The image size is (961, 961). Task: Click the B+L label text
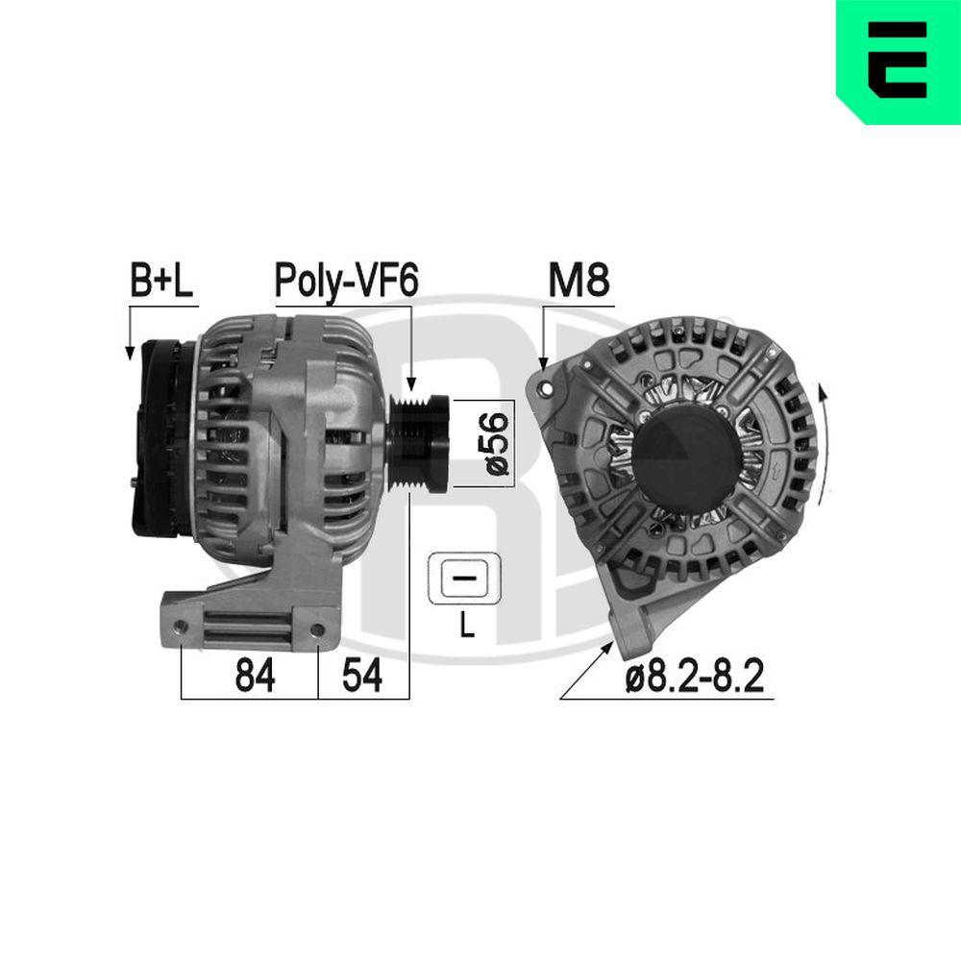[x=161, y=281]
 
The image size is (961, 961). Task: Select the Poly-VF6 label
[x=346, y=281]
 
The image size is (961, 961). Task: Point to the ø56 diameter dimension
[x=496, y=443]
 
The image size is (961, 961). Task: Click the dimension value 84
[x=255, y=677]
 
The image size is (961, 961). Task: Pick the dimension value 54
[x=362, y=677]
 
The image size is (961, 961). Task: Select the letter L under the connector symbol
[x=467, y=628]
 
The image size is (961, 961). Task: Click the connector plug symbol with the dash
[x=466, y=579]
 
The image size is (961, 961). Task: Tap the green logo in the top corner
[x=899, y=62]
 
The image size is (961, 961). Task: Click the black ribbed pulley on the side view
[x=420, y=443]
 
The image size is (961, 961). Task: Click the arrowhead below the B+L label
[x=130, y=354]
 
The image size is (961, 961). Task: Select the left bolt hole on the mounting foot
[x=180, y=629]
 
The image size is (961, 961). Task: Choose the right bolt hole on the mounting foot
[x=317, y=630]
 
